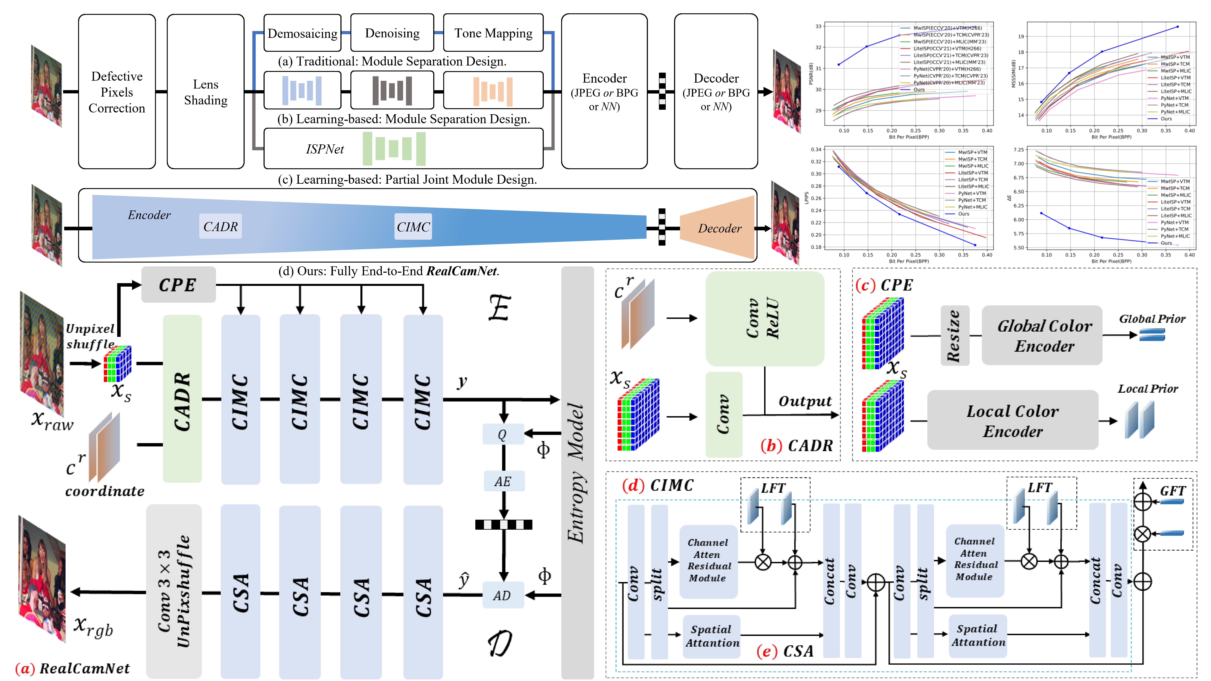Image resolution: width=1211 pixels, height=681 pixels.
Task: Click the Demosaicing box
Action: [x=302, y=33]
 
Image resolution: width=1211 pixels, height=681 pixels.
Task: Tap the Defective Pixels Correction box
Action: [x=117, y=92]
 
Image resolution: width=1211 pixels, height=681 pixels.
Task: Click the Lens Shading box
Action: [x=205, y=92]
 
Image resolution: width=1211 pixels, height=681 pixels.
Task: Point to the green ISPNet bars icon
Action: [x=394, y=148]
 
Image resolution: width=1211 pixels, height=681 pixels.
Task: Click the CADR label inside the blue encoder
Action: [x=221, y=227]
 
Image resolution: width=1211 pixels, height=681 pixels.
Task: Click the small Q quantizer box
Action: [x=503, y=434]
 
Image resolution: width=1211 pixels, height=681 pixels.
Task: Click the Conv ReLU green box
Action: [x=764, y=319]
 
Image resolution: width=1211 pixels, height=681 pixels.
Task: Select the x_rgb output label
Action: [x=93, y=627]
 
